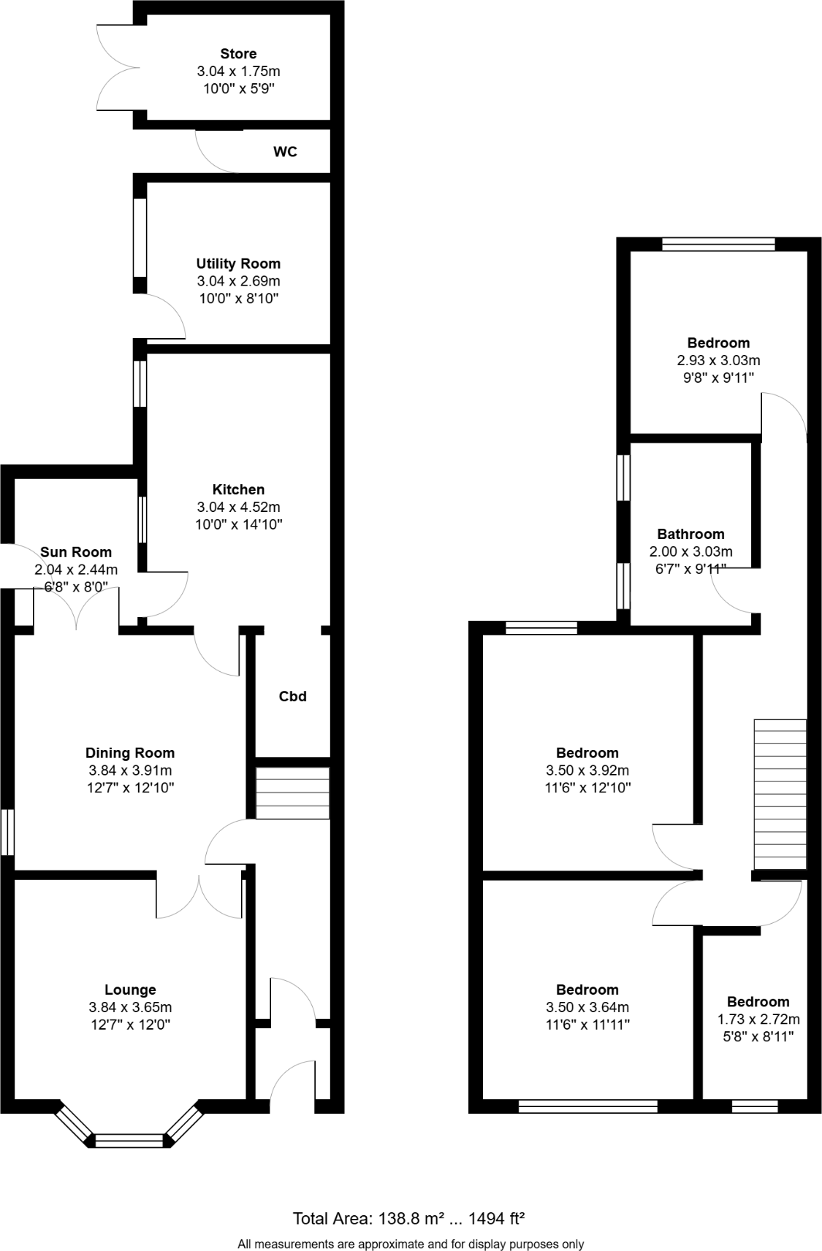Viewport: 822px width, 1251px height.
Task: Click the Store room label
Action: [x=238, y=54]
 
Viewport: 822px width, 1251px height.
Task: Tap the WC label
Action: [x=285, y=152]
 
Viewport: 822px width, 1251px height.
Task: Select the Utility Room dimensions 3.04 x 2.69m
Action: [x=238, y=281]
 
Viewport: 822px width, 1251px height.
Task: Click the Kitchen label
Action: [x=238, y=489]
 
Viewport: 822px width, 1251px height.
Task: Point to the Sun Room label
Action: [x=76, y=552]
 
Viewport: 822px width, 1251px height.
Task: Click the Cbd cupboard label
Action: [x=292, y=697]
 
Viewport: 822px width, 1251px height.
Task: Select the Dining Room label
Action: [x=130, y=753]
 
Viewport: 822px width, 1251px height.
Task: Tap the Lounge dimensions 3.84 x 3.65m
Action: [x=130, y=1008]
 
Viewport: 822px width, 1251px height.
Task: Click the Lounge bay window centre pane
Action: [x=129, y=1140]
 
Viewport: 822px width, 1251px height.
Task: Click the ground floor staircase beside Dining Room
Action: [x=292, y=793]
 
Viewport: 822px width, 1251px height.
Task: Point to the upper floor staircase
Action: [x=780, y=794]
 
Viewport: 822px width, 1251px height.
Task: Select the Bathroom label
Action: [x=690, y=535]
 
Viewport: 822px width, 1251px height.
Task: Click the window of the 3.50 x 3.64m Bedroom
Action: [x=587, y=1106]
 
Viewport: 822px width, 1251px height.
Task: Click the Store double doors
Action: [x=117, y=67]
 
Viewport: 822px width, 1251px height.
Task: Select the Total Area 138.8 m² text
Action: [x=409, y=1218]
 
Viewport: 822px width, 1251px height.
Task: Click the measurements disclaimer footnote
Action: [x=410, y=1244]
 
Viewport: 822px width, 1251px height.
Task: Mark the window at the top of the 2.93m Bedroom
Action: [x=718, y=245]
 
